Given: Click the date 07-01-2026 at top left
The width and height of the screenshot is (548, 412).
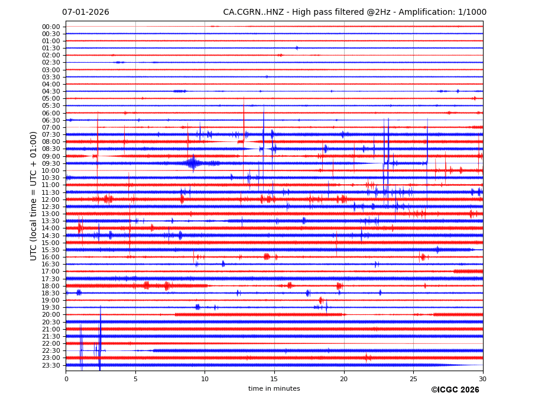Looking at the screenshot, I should coord(86,12).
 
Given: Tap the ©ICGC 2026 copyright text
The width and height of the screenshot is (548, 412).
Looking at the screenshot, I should coord(455,390).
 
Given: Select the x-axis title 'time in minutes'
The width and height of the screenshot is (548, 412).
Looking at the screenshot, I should coord(274,389).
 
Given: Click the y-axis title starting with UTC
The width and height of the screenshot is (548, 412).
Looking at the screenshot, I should coord(34,196).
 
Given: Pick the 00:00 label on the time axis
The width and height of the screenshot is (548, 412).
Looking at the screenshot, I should coord(51,27).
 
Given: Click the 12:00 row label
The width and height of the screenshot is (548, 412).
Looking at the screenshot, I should coord(51,199).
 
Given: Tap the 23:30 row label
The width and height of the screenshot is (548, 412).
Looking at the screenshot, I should coord(51,365).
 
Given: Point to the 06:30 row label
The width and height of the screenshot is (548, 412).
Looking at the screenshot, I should coord(51,120).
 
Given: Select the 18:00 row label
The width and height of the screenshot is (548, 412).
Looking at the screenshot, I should coord(51,286).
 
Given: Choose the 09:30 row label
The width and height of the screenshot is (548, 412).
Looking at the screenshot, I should coord(51,163).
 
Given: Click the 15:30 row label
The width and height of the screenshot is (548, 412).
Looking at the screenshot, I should coord(51,250).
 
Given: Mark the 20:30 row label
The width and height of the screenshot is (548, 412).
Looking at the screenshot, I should coord(51,322).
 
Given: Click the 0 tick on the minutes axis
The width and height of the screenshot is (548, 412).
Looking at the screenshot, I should coord(66,379).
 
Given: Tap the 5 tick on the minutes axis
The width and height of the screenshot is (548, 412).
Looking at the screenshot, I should coord(135,379).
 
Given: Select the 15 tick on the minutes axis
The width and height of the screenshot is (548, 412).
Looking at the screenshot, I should coord(274,379).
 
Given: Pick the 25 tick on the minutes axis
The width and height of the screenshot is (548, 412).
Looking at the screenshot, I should coord(413,379).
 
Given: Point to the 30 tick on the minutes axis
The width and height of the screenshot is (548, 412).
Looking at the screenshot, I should coord(483,379).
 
